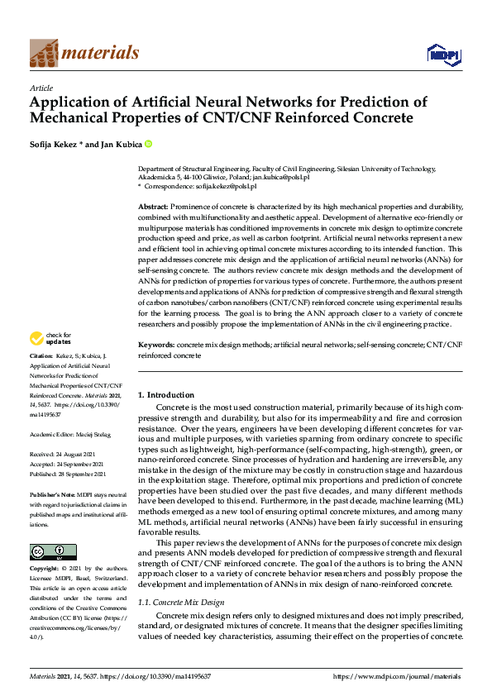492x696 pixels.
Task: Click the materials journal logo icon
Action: point(44,54)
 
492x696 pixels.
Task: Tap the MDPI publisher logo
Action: point(442,55)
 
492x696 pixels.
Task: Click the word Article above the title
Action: point(41,88)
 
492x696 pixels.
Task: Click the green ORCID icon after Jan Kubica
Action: point(149,143)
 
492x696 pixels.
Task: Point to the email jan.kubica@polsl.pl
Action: point(281,177)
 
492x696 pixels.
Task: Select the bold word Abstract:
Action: point(153,206)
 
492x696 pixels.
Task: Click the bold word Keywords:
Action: point(156,366)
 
